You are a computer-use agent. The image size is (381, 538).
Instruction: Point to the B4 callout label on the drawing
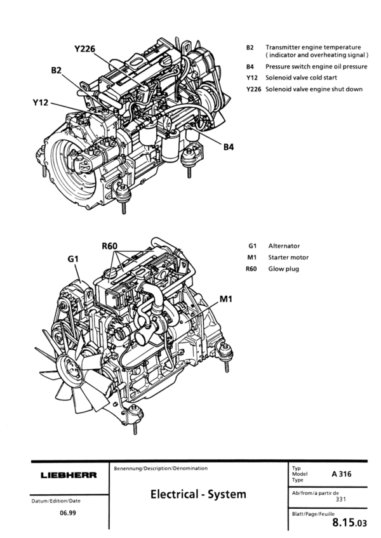(229, 147)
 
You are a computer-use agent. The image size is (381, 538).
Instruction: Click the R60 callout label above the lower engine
(112, 246)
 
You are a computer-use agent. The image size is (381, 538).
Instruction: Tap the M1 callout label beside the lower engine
(228, 298)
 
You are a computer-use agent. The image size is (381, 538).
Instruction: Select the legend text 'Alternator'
(284, 246)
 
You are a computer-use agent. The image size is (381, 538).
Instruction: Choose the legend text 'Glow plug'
(283, 268)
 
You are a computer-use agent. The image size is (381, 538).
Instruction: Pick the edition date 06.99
(61, 512)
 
